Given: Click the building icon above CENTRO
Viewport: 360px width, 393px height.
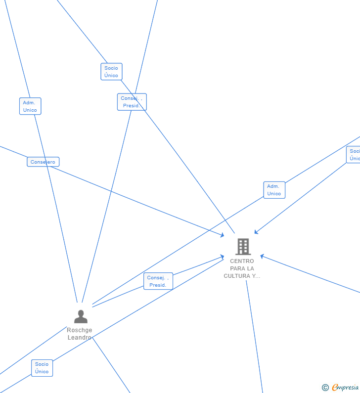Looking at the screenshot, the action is click(x=243, y=246).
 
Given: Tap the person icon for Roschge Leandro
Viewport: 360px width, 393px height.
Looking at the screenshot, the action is click(x=81, y=316).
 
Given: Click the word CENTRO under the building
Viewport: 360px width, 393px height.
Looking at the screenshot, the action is click(x=242, y=261).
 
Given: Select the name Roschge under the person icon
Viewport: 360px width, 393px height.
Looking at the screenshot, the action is click(x=80, y=330).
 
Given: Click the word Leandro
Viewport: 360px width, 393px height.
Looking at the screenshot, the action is click(x=79, y=338).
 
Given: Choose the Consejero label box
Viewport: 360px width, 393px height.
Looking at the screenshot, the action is click(x=43, y=162).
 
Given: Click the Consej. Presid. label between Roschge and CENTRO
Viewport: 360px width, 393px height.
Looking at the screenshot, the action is click(x=158, y=281).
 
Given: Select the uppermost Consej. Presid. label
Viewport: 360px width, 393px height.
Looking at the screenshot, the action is click(x=132, y=102).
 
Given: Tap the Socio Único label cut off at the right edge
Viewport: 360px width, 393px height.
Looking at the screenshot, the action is click(x=354, y=155).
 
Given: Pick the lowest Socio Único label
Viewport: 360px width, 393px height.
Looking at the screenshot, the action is click(x=42, y=368).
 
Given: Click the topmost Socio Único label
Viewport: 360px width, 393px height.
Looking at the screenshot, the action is click(x=111, y=72).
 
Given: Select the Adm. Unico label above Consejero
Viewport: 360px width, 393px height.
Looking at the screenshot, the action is click(x=30, y=106).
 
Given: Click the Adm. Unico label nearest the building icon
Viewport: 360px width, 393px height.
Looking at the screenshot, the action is click(x=274, y=190).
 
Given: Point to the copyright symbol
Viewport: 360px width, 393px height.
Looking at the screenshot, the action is click(x=325, y=388).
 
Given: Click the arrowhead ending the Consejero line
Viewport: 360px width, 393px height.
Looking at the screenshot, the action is click(x=223, y=235).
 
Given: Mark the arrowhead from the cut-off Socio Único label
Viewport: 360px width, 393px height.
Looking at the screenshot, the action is click(x=256, y=232).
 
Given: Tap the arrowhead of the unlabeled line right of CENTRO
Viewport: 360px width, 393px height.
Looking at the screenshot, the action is click(x=262, y=256).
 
